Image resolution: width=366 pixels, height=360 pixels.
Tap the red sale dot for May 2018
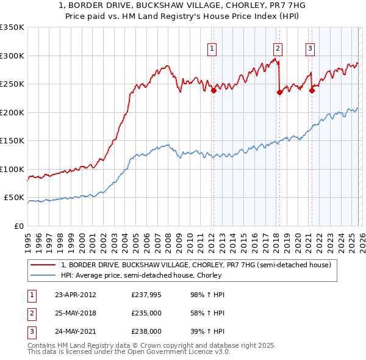279,93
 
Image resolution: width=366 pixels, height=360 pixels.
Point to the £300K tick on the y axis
12,56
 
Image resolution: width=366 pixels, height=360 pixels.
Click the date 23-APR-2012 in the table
75,295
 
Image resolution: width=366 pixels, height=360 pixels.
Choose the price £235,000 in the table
146,313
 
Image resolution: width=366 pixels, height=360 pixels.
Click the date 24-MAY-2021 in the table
75,331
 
